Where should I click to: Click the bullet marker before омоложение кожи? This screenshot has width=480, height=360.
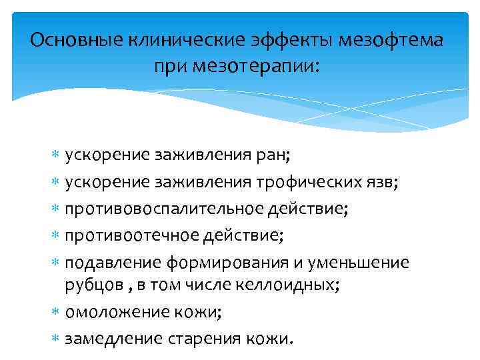click(56, 312)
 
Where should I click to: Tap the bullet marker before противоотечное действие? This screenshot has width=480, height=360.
click(56, 235)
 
